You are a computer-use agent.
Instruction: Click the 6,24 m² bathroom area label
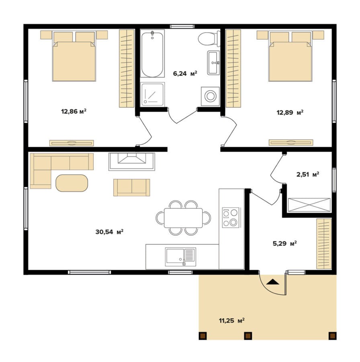click(x=185, y=74)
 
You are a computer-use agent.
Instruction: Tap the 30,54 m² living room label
click(x=109, y=232)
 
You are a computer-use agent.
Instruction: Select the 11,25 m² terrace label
click(x=231, y=321)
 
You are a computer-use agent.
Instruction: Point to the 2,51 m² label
click(x=308, y=174)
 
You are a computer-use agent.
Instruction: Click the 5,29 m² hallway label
click(x=284, y=243)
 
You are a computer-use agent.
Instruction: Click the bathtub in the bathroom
click(x=152, y=54)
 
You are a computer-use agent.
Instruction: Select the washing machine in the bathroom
click(x=210, y=96)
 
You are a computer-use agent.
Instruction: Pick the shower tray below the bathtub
click(x=152, y=95)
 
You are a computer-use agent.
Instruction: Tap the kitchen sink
click(x=180, y=257)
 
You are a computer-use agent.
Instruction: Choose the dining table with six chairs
click(x=183, y=218)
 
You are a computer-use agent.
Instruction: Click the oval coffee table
click(x=72, y=183)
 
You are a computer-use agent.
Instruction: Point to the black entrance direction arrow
click(x=273, y=282)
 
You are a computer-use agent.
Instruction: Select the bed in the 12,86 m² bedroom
click(x=74, y=56)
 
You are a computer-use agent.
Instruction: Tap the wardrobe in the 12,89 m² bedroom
click(x=233, y=68)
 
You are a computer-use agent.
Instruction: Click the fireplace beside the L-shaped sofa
click(x=132, y=162)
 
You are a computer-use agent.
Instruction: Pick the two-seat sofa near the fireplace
click(x=132, y=187)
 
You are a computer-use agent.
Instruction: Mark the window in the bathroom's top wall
click(x=182, y=26)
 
